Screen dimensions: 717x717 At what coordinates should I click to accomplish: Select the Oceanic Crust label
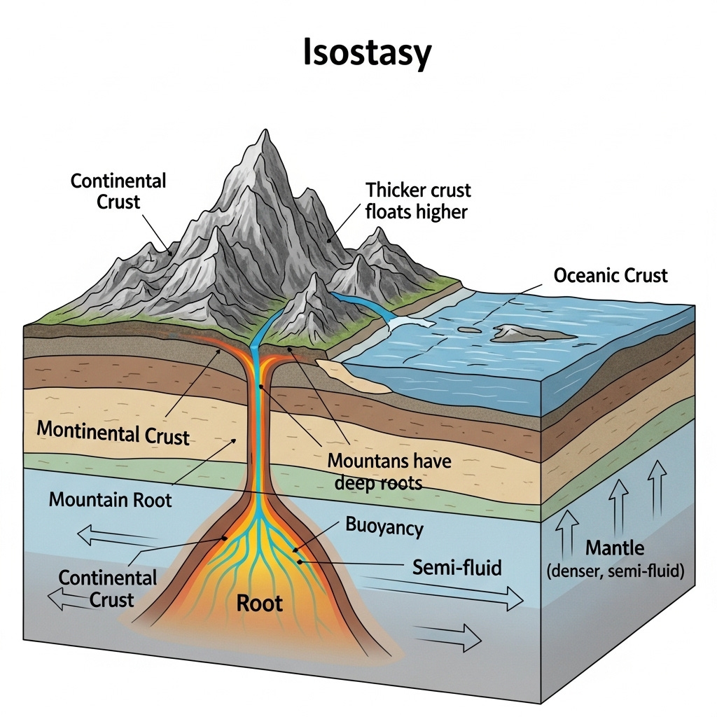(x=611, y=275)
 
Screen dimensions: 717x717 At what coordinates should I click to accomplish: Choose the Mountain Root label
(x=110, y=500)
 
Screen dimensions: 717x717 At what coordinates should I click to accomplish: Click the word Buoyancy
(x=384, y=527)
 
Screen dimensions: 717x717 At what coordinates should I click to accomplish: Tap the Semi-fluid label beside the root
(x=457, y=566)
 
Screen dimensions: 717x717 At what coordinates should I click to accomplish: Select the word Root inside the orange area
(x=259, y=602)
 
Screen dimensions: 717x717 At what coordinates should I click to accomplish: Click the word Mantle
(x=615, y=548)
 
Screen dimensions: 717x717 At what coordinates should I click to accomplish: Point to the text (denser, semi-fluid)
(x=615, y=571)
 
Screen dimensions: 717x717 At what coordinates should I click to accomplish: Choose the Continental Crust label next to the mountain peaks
(x=118, y=191)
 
